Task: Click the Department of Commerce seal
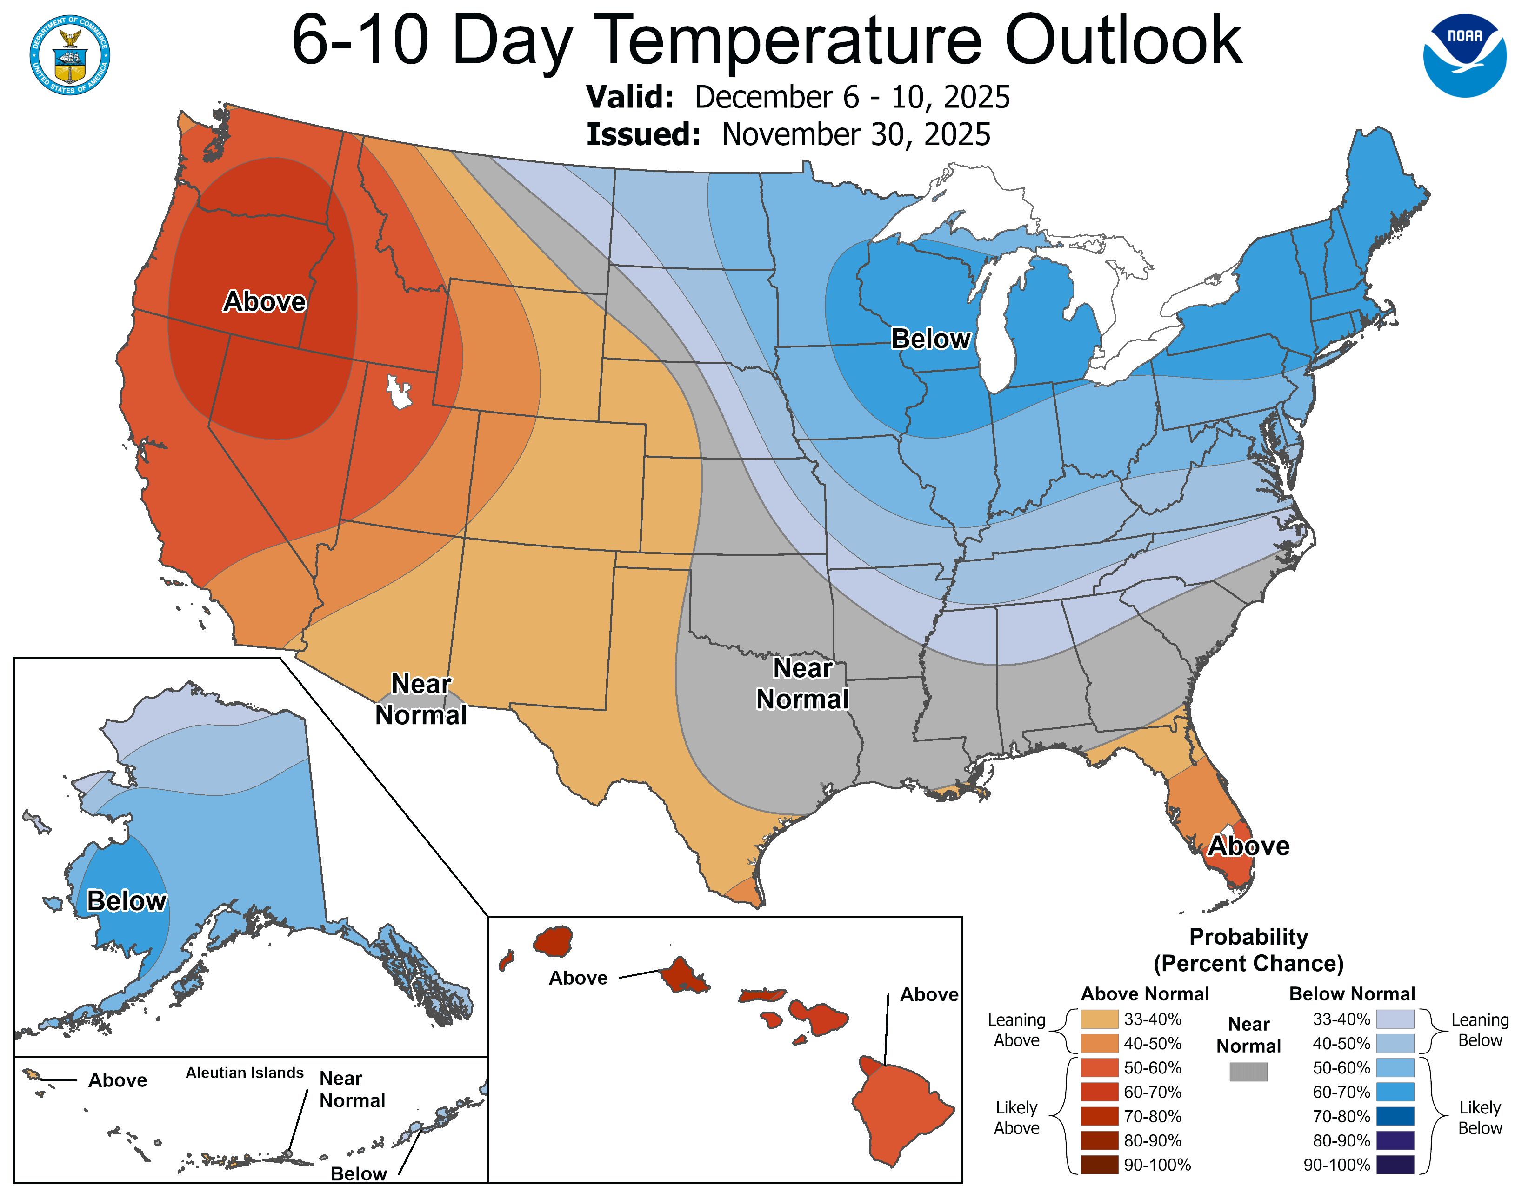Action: (70, 55)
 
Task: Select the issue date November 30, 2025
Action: (855, 135)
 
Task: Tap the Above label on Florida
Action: (1248, 846)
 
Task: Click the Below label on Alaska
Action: (127, 901)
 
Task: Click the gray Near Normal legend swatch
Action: (1248, 1072)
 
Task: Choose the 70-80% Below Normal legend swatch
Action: (1395, 1116)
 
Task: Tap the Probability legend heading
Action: (1248, 937)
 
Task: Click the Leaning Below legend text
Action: (1480, 1030)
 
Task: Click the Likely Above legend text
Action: (1016, 1118)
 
